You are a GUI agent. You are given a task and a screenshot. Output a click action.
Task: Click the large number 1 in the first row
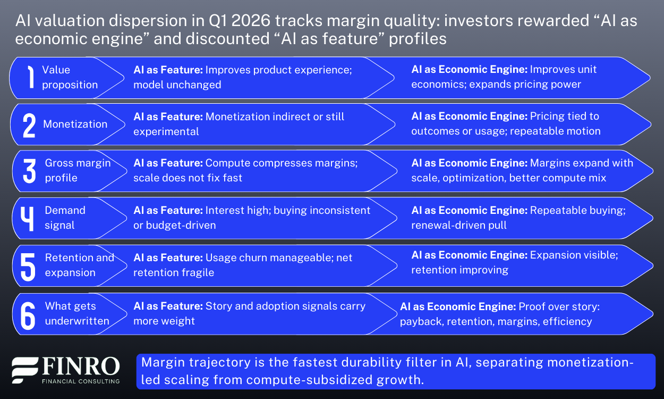coord(30,78)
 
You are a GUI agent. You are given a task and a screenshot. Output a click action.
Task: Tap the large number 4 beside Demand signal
coord(30,218)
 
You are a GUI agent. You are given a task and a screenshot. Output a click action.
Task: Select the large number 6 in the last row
coord(28,314)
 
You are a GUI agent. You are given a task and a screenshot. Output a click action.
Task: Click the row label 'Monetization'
coord(75,124)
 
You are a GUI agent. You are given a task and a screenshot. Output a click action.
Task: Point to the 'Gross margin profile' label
coord(78,170)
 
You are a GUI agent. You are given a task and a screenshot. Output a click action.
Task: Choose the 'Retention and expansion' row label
coord(79,265)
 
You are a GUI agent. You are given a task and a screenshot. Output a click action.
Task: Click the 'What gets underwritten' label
coord(77,313)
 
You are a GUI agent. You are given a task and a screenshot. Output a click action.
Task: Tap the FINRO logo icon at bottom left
coord(24,370)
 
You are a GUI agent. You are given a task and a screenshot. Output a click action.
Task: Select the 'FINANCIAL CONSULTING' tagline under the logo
coord(80,381)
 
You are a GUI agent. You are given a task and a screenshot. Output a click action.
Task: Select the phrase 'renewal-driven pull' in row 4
coord(459,225)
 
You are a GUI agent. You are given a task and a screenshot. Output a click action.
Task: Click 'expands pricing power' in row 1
coord(525,85)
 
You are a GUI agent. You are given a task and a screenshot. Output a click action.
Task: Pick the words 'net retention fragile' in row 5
coord(174,272)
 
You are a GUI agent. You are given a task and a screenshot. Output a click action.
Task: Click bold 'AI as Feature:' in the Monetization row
coord(167,117)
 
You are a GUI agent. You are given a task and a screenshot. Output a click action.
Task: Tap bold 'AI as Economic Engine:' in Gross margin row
coord(469,163)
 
